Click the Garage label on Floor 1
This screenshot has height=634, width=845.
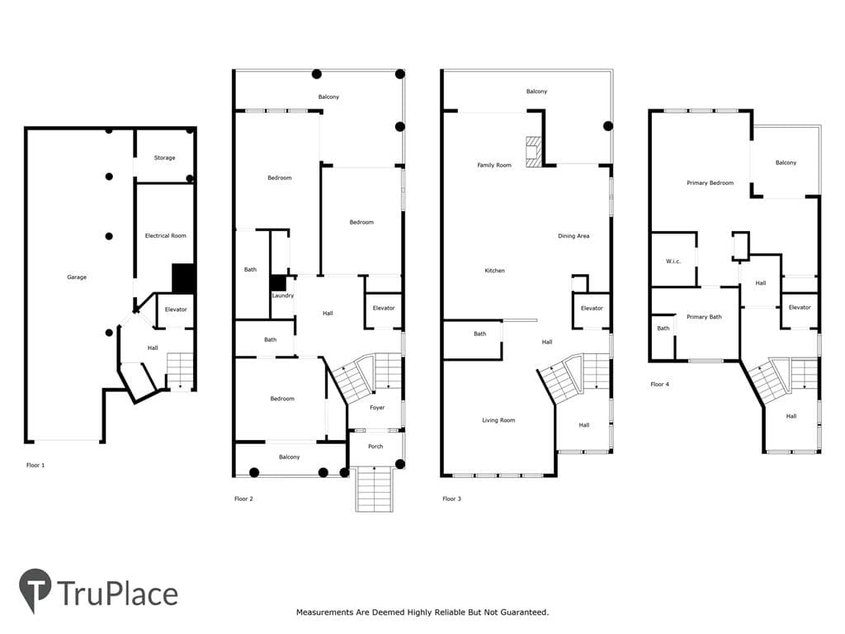(77, 277)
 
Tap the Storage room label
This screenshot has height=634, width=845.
(164, 158)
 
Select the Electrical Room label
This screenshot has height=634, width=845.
(165, 235)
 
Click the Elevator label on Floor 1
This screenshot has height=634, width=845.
(176, 310)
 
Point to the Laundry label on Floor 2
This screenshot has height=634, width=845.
(283, 296)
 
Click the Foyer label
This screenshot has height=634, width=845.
(377, 408)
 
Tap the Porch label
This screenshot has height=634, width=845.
(375, 447)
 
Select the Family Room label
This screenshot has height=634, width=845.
(494, 165)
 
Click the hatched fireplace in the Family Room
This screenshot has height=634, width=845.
(533, 152)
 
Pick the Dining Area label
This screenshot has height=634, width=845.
(574, 235)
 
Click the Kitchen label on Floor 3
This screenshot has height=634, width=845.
(495, 271)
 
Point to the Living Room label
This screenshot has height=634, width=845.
(498, 420)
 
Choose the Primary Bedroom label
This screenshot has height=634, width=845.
(710, 182)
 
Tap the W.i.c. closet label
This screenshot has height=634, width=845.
(673, 262)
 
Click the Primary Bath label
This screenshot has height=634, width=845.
(704, 317)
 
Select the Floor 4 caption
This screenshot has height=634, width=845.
(659, 385)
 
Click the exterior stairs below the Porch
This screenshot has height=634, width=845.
(374, 490)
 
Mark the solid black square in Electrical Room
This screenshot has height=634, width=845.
(183, 279)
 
